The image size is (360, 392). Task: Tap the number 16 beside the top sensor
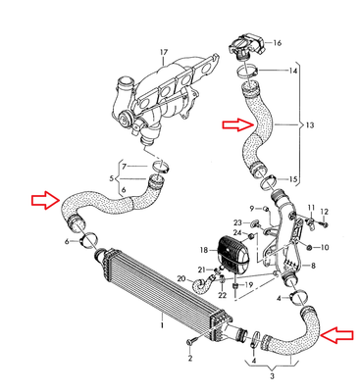(278, 43)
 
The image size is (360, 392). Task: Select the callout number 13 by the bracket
(312, 126)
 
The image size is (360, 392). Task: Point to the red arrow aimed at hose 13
(235, 124)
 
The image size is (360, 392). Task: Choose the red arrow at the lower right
(336, 335)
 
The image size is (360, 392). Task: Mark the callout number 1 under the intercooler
(163, 319)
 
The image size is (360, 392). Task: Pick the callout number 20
(180, 280)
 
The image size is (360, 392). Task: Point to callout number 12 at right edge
(326, 212)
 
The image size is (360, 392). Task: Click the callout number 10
(326, 246)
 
